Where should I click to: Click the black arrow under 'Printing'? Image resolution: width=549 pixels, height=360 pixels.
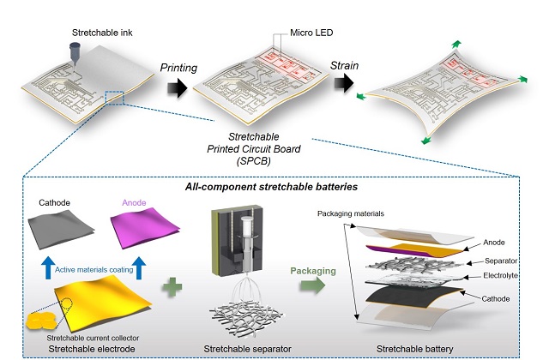pyautogui.click(x=175, y=86)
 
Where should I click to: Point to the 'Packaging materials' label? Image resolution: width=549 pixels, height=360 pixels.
pyautogui.click(x=349, y=213)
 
